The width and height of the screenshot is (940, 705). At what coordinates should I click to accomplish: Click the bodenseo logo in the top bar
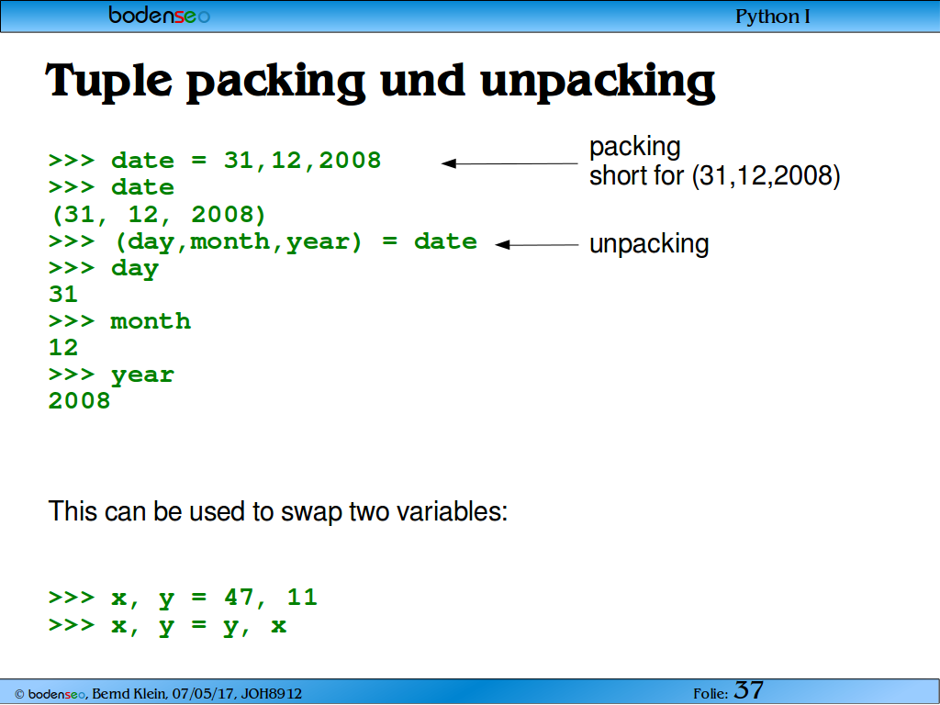click(x=160, y=15)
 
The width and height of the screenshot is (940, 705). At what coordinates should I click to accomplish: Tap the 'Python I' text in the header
click(x=773, y=17)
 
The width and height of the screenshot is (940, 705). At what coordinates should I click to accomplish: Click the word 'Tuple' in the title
click(x=109, y=82)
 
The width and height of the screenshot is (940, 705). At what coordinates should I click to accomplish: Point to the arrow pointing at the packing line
click(x=509, y=163)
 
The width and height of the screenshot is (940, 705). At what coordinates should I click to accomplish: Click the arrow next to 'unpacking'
click(x=536, y=244)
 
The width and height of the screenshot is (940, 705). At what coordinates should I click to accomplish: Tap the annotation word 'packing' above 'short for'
click(x=635, y=148)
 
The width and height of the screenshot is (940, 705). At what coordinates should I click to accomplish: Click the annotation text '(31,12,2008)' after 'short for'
click(x=767, y=176)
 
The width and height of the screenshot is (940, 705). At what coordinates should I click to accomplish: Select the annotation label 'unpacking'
click(x=649, y=244)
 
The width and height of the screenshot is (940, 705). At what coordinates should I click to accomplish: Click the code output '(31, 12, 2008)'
click(x=158, y=215)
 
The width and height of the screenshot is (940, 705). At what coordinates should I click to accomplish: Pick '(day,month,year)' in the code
click(x=239, y=241)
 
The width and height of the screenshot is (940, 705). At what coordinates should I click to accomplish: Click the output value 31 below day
click(x=63, y=295)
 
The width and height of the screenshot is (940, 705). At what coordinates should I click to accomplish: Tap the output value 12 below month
click(x=63, y=348)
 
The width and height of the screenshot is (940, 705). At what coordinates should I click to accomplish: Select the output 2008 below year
click(x=79, y=401)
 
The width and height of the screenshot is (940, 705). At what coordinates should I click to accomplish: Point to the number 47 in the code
click(x=240, y=597)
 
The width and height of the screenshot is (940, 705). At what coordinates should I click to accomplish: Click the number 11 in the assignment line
click(x=302, y=597)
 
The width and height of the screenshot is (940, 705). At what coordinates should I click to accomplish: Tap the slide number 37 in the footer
click(x=749, y=690)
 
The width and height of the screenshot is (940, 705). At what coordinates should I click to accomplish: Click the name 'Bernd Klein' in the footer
click(x=129, y=694)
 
